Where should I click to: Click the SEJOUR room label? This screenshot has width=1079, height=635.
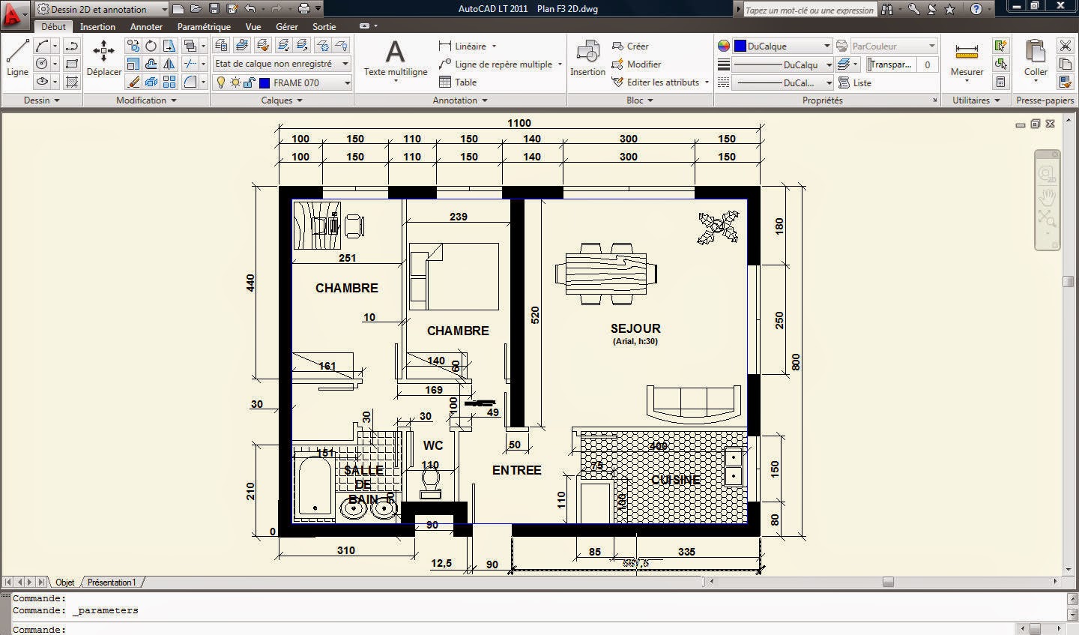635,328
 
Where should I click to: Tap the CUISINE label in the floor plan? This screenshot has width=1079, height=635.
675,480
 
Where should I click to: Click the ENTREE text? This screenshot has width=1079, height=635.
516,470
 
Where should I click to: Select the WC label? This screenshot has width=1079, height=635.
433,445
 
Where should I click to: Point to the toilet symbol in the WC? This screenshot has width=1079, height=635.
430,484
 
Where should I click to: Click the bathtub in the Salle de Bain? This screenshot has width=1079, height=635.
314,487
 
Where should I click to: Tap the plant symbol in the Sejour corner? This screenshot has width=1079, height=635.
718,228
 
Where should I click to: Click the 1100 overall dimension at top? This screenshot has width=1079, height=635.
519,123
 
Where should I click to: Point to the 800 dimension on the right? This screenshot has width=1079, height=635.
796,362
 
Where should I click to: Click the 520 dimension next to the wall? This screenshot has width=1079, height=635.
535,315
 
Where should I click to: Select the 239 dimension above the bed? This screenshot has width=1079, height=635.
458,217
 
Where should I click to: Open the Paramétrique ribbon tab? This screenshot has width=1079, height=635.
204,26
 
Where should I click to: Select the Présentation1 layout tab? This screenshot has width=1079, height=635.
112,582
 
